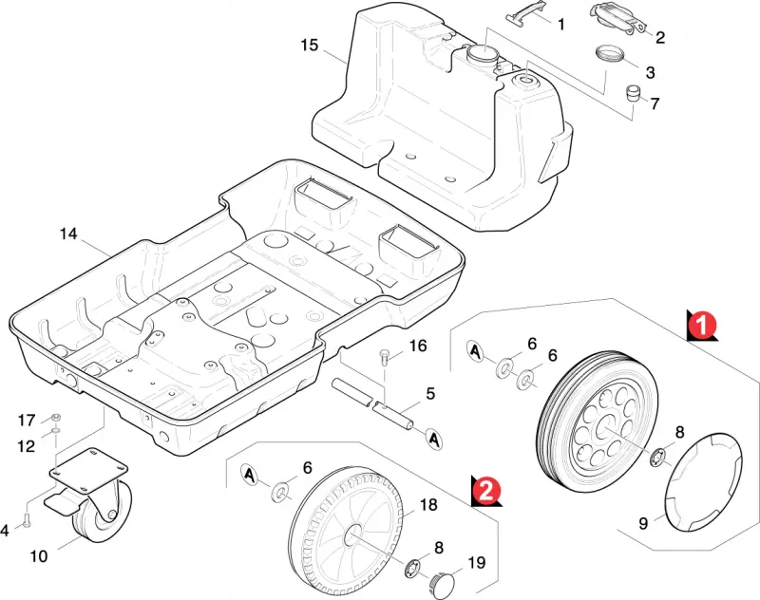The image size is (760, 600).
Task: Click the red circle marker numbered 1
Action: (702, 324)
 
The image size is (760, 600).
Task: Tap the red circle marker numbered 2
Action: (486, 489)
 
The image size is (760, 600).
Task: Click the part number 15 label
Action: (310, 45)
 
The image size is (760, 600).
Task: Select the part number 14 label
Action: (68, 234)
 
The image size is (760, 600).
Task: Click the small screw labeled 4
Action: (27, 521)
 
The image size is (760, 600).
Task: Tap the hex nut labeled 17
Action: (55, 417)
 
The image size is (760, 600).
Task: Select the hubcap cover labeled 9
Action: (703, 483)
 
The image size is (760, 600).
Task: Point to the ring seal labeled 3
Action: (610, 53)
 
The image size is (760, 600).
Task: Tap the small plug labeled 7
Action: (632, 93)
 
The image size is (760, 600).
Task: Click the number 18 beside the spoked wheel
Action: (428, 505)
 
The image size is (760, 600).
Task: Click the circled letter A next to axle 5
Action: (434, 439)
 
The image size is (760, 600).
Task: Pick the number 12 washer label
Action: (27, 446)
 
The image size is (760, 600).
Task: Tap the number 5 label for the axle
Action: (430, 393)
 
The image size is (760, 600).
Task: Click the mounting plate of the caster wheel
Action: (88, 467)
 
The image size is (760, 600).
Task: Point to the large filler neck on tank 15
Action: (482, 56)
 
